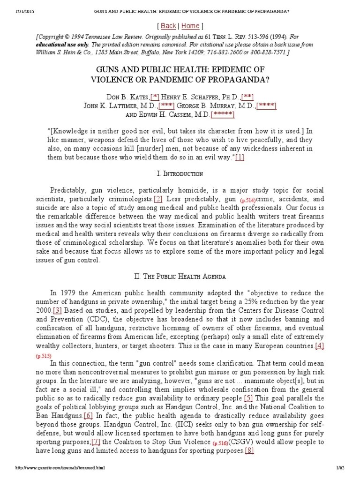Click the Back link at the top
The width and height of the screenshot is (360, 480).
click(168, 26)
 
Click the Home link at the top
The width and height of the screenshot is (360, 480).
click(190, 26)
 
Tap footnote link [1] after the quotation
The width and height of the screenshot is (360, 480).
click(240, 157)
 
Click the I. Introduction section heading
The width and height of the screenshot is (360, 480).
click(180, 174)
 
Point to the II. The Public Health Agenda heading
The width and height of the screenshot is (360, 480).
click(180, 276)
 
